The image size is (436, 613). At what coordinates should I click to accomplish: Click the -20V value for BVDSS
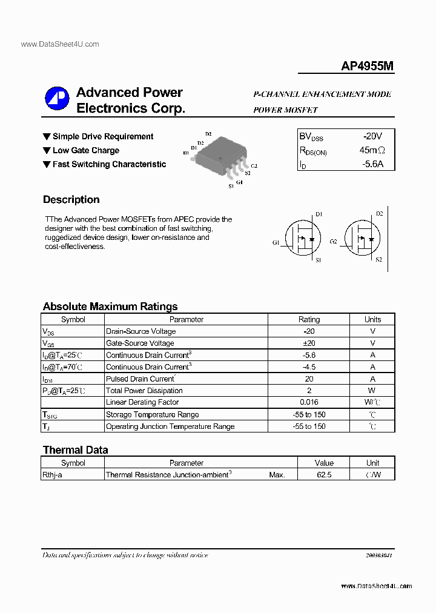pyautogui.click(x=372, y=136)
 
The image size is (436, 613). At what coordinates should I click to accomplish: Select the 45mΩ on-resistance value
pyautogui.click(x=372, y=150)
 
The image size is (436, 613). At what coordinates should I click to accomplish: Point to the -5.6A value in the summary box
pyautogui.click(x=372, y=164)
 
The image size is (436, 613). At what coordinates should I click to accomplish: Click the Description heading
pyautogui.click(x=71, y=200)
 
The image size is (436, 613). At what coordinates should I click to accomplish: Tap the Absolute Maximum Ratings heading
pyautogui.click(x=110, y=306)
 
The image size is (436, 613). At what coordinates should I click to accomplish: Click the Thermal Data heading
pyautogui.click(x=75, y=450)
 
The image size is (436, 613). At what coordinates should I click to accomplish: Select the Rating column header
pyautogui.click(x=309, y=319)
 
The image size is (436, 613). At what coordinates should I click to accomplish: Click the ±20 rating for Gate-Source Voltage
pyautogui.click(x=309, y=343)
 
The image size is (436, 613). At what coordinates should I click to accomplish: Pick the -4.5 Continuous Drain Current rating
pyautogui.click(x=309, y=367)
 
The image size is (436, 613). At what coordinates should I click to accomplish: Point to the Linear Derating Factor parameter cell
pyautogui.click(x=142, y=403)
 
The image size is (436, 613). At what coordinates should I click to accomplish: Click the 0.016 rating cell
pyautogui.click(x=309, y=403)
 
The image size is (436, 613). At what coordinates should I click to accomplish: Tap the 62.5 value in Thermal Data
pyautogui.click(x=324, y=475)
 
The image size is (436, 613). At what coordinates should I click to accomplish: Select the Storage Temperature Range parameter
pyautogui.click(x=152, y=415)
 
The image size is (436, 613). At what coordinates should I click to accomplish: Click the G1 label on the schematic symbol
pyautogui.click(x=276, y=243)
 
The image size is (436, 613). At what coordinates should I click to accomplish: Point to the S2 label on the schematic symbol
pyautogui.click(x=379, y=260)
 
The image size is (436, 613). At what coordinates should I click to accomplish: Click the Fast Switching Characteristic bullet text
pyautogui.click(x=109, y=164)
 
